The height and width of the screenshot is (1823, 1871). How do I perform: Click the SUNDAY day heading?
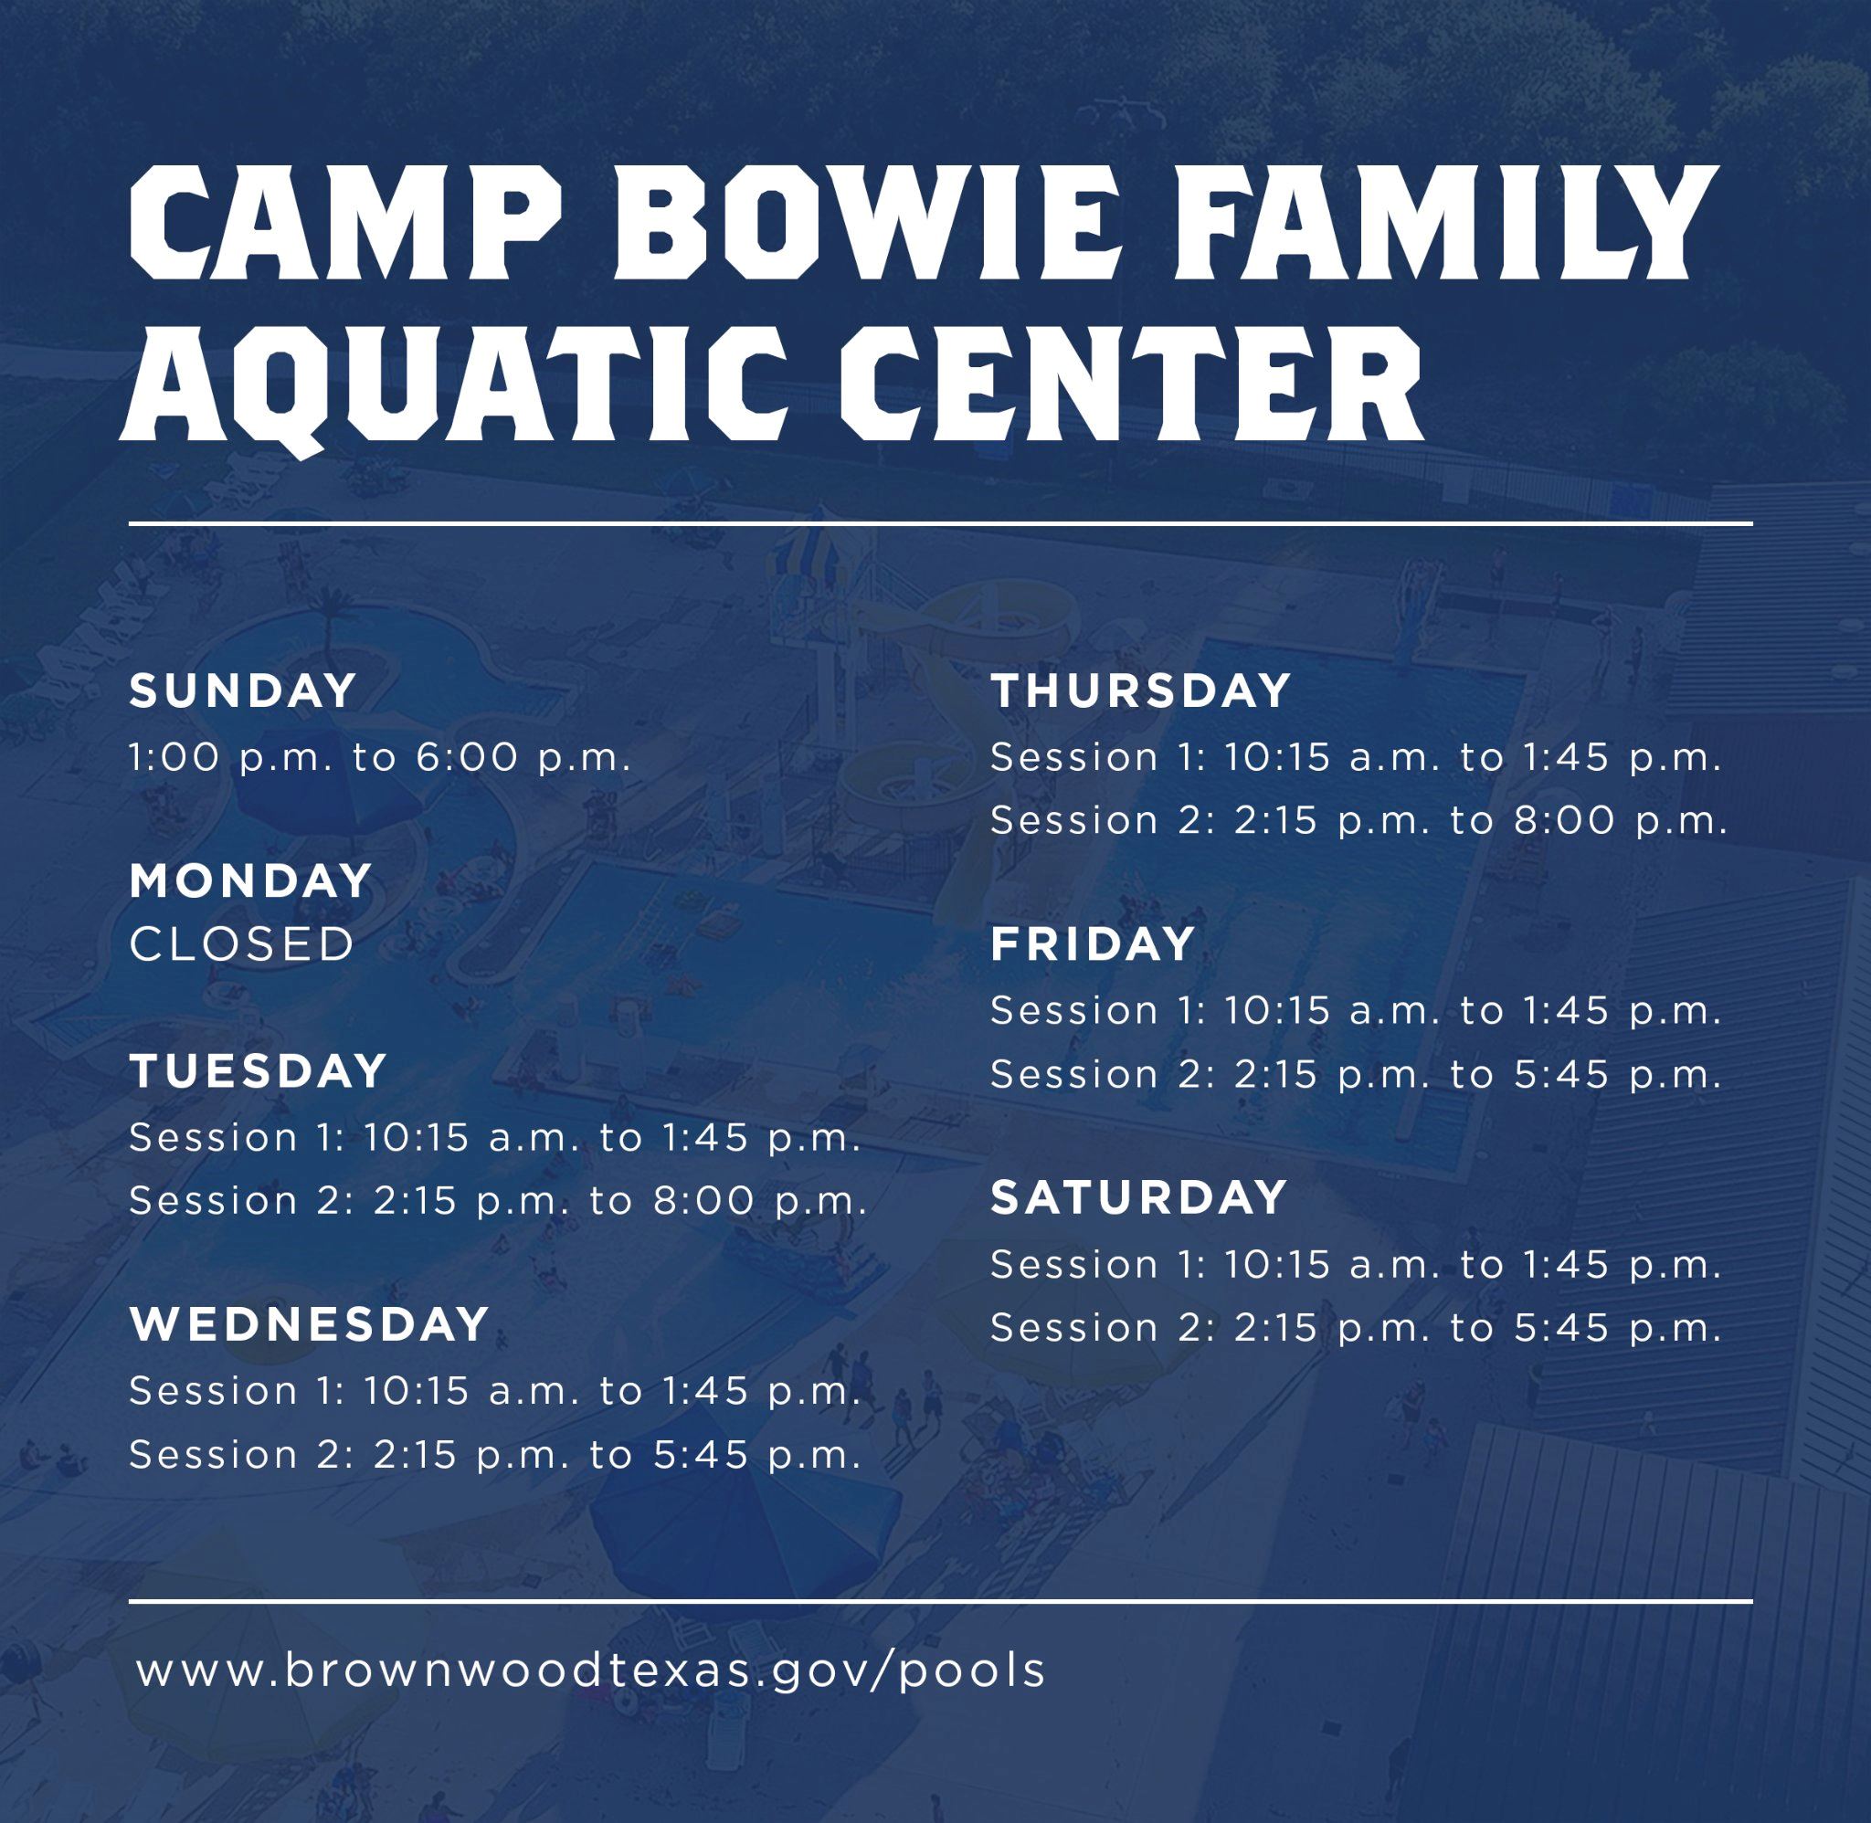(x=243, y=691)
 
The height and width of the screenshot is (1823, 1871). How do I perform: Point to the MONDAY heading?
(x=251, y=880)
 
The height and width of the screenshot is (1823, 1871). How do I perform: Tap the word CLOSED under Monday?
(x=242, y=945)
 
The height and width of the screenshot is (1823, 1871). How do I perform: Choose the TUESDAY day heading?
(x=259, y=1071)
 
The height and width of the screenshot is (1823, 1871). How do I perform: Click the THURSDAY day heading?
(x=1141, y=691)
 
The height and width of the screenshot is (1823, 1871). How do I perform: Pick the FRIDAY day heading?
(x=1093, y=945)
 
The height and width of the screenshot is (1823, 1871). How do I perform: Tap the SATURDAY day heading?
(x=1138, y=1197)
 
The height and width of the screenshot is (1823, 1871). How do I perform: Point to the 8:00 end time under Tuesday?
(x=704, y=1201)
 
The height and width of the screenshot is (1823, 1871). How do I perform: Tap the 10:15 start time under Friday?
(x=1277, y=1011)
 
